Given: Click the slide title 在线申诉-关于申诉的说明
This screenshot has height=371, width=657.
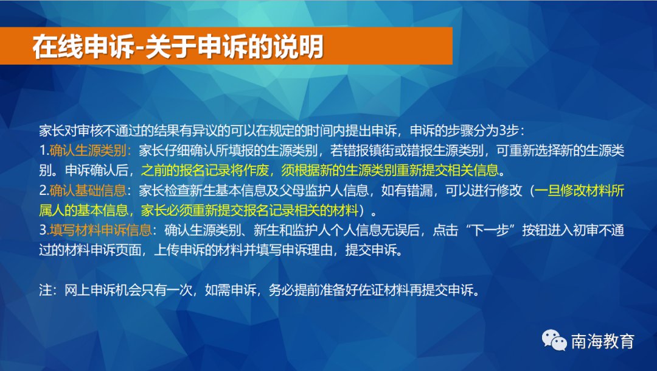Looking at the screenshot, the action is click(x=178, y=46).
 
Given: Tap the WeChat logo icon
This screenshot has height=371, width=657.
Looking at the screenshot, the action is click(x=554, y=340).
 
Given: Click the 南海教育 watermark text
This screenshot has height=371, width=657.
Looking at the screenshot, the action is click(x=603, y=341).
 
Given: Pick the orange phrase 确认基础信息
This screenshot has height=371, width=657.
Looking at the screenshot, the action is click(x=88, y=190).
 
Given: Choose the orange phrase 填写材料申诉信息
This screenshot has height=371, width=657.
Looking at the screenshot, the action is click(x=100, y=230).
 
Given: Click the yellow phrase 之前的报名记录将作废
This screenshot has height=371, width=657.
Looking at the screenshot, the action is click(x=205, y=170).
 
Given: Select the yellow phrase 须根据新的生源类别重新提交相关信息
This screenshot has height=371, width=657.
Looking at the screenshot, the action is click(x=390, y=170).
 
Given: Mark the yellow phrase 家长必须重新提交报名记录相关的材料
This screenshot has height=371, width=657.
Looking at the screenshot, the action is click(x=250, y=210).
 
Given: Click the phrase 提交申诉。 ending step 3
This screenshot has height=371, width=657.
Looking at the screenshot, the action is click(x=374, y=250).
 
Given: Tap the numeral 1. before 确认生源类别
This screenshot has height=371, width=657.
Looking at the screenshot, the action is click(x=44, y=150).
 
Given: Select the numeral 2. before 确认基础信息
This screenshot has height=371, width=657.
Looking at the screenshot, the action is click(x=44, y=190).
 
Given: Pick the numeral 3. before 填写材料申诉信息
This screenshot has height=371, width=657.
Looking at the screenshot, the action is click(x=44, y=230).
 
